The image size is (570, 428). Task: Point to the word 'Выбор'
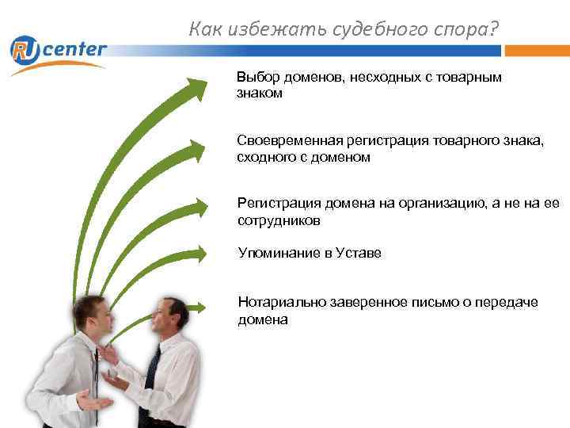click(x=254, y=78)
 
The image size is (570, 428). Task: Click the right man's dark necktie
click(x=150, y=373)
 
